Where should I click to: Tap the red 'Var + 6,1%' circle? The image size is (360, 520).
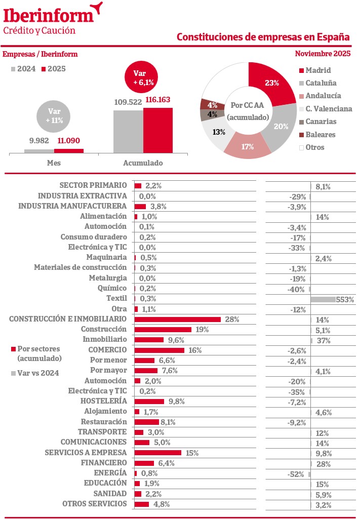(x=143, y=77)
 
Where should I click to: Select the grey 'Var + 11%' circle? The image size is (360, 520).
(x=54, y=116)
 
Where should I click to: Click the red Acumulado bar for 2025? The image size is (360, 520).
(x=157, y=130)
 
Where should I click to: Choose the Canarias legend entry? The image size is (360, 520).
(x=316, y=122)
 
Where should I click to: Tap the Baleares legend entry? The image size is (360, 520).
(x=316, y=135)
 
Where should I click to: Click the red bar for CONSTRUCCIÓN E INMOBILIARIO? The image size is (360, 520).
(x=178, y=319)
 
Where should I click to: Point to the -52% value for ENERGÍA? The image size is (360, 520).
(x=297, y=474)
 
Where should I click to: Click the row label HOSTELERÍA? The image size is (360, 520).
(x=103, y=401)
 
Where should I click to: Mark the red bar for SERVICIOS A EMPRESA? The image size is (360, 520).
(x=158, y=453)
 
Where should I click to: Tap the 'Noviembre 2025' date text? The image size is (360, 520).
(x=323, y=54)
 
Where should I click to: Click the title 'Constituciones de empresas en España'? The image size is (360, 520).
(x=263, y=37)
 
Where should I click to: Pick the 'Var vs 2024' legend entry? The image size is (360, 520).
(x=35, y=373)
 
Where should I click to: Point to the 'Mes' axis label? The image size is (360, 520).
(x=54, y=164)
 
